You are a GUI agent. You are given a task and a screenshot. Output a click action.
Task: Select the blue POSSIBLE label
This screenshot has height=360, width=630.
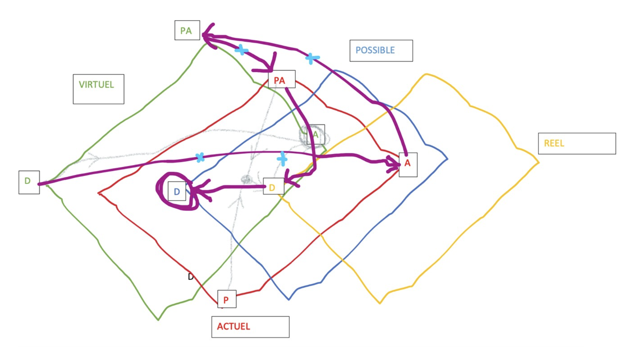click(x=381, y=50)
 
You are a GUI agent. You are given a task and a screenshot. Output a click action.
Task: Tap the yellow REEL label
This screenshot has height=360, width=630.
click(x=576, y=143)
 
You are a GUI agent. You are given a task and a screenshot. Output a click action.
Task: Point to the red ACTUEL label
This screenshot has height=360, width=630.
click(x=250, y=327)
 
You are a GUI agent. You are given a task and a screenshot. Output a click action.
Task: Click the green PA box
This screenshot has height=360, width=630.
click(x=187, y=30)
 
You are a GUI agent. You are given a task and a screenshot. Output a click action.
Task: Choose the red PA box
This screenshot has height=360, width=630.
click(x=281, y=79)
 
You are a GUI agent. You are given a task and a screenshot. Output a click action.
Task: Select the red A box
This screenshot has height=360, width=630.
click(x=408, y=164)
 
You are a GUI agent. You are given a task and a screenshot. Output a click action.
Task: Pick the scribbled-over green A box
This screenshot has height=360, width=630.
click(x=315, y=135)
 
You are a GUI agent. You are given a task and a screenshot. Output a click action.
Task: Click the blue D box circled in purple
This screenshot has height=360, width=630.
click(x=177, y=191)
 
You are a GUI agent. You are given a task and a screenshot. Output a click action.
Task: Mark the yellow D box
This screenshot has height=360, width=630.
click(x=273, y=187)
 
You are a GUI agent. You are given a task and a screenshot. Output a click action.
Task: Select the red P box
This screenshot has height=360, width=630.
click(x=227, y=299)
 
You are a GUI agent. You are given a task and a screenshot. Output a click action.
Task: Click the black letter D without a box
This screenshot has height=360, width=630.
click(x=191, y=277)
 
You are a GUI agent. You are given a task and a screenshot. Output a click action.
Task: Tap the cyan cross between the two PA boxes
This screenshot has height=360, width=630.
click(x=241, y=50)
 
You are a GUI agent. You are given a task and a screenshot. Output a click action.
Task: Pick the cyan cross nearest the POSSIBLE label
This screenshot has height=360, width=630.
click(x=312, y=58)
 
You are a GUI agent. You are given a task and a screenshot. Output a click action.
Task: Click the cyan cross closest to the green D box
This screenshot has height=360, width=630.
click(x=200, y=157)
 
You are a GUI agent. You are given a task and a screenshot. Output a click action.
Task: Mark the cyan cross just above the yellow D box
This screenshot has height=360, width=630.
click(x=282, y=159)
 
